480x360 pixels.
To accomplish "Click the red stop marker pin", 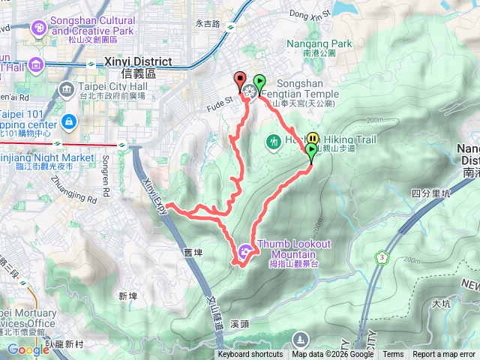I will pyautogui.click(x=240, y=79).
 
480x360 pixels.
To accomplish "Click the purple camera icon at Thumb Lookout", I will pyautogui.click(x=246, y=250).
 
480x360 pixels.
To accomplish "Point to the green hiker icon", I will pyautogui.click(x=274, y=140).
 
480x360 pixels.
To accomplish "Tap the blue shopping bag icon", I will pyautogui.click(x=68, y=121).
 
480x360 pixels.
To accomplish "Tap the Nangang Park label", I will pyautogui.click(x=319, y=44).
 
